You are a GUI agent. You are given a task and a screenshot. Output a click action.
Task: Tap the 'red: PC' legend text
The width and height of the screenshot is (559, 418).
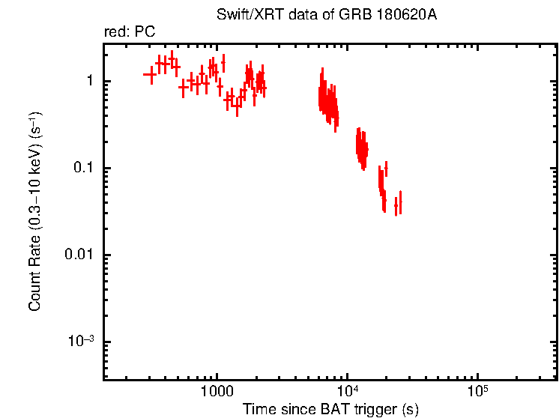(129, 32)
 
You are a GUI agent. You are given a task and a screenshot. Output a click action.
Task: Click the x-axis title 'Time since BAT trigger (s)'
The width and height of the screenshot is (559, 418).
(330, 409)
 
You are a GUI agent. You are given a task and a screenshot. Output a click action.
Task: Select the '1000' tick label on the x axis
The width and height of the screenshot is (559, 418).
(217, 391)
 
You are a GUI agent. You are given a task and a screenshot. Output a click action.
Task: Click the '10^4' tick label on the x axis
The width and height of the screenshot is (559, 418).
(347, 390)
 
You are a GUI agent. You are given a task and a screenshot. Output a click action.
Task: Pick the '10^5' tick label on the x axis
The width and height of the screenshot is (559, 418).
(477, 390)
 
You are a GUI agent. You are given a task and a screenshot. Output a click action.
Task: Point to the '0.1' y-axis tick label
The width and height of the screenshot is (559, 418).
(82, 168)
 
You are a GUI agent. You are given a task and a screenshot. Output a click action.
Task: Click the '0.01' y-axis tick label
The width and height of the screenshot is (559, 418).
(78, 255)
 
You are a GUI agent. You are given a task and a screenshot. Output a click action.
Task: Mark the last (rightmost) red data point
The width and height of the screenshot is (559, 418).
(400, 202)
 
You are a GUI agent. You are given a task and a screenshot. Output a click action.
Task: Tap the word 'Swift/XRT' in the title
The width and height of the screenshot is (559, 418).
(244, 15)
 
